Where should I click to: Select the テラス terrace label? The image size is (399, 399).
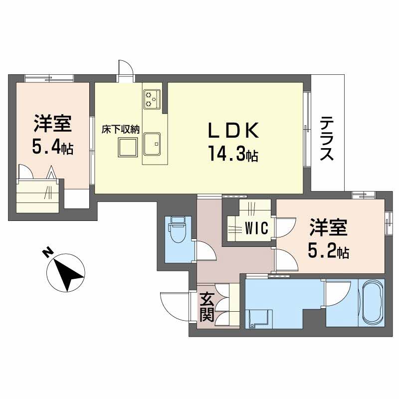tap(327, 138)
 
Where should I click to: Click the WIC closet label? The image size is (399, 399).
tap(257, 228)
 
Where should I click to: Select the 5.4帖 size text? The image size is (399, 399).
tap(52, 147)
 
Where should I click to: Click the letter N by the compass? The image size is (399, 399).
tap(46, 253)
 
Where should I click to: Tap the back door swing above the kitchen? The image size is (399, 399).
tap(125, 70)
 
